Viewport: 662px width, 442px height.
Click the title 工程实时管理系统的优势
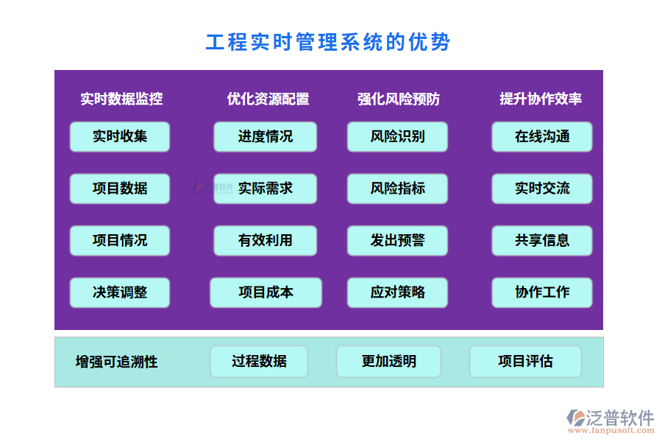328,42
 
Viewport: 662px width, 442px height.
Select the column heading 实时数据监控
121,99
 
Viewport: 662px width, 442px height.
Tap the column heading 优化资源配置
268,99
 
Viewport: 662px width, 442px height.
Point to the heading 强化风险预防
399,99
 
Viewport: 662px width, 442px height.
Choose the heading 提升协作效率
541,99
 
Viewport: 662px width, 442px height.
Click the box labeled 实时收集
120,136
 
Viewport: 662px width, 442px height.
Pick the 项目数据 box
120,189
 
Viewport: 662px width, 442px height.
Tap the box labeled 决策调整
120,292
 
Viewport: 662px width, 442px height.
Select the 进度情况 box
266,136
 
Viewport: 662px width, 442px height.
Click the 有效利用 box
266,241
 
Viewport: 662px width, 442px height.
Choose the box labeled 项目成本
266,292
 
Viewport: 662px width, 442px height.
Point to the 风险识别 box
397,136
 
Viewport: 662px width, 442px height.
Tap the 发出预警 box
397,241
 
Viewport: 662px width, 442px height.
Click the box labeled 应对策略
397,292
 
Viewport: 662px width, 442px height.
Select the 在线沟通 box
542,136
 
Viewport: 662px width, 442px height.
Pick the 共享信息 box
542,241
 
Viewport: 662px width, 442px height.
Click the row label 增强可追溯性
117,362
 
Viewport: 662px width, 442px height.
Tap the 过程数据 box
259,362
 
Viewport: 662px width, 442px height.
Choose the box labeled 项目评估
525,362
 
